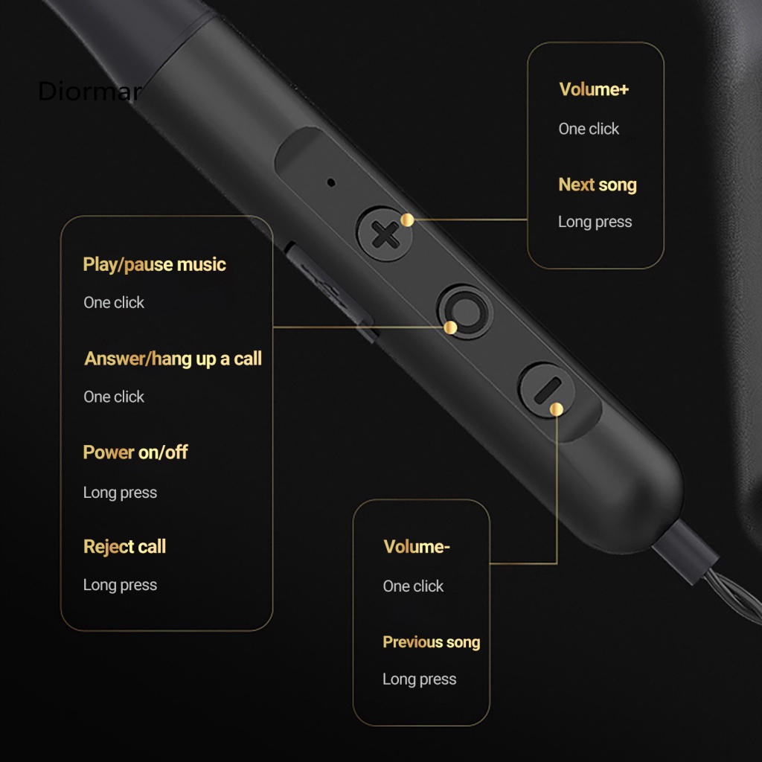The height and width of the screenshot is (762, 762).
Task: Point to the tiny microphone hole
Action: (331, 181)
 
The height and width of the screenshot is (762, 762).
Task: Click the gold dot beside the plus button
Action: (407, 220)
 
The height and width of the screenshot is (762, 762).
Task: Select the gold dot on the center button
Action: (450, 327)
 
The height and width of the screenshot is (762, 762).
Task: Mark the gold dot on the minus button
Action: (556, 408)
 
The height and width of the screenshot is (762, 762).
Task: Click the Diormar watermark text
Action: (88, 92)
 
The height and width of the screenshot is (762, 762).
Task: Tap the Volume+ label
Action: (594, 89)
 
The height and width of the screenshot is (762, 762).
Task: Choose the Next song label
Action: (598, 185)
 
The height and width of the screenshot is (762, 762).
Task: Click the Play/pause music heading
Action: (154, 264)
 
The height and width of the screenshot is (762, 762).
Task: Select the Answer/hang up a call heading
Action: (173, 359)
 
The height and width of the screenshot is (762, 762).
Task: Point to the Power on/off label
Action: (135, 452)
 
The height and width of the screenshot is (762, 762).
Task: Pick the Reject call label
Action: (124, 547)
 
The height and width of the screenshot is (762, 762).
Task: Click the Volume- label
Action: (417, 547)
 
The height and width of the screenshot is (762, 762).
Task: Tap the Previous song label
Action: (431, 642)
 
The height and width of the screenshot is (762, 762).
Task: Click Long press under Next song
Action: (595, 222)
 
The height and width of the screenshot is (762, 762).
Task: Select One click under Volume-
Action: (413, 586)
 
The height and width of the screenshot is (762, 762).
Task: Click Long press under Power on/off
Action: (120, 493)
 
